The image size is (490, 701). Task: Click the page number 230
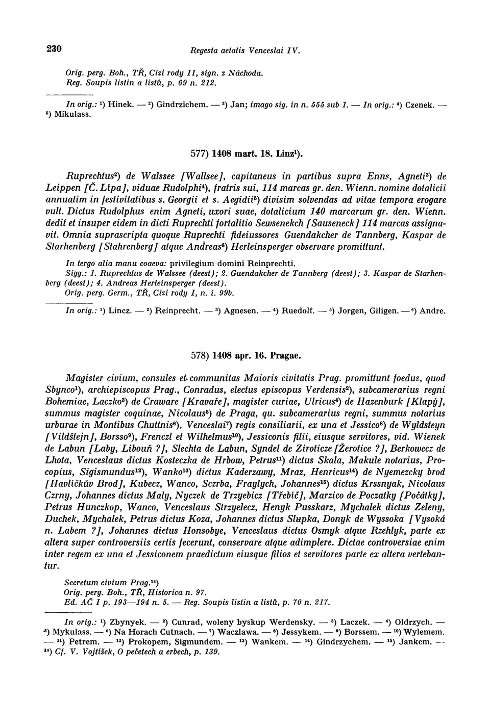54,49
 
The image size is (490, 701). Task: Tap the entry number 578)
200,355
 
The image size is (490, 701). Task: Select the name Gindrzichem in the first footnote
179,105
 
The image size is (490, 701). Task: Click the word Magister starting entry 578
84,378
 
